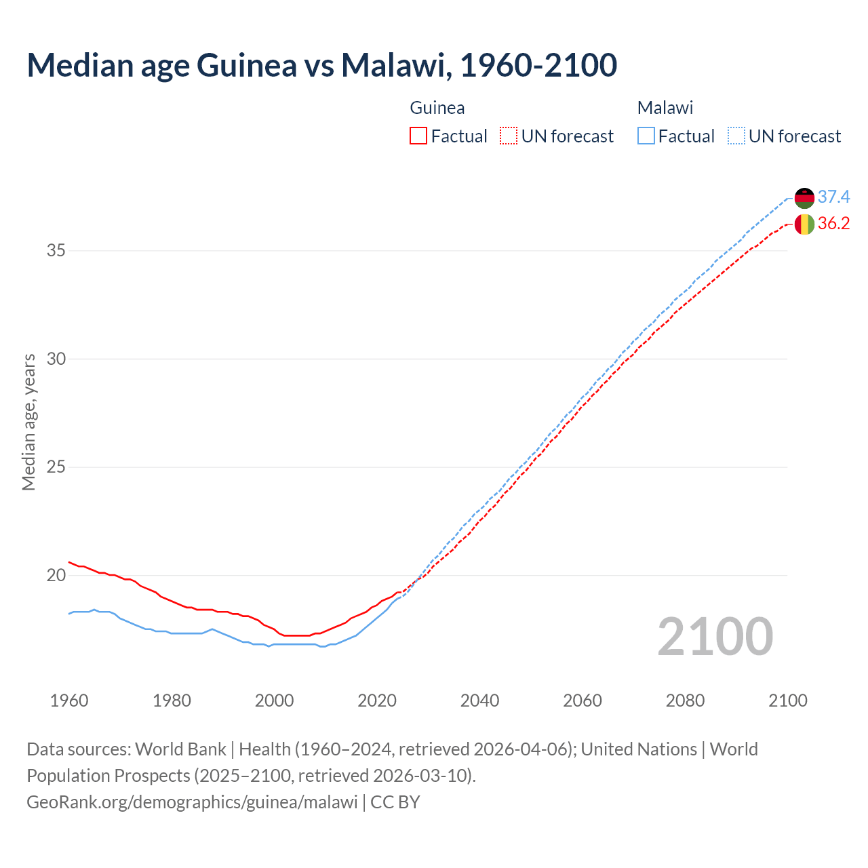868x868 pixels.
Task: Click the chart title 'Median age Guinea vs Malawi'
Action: tap(321, 65)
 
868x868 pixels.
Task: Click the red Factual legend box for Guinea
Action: tap(418, 136)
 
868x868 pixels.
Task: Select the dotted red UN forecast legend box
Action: tap(508, 136)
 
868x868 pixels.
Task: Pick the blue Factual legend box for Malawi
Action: tap(646, 136)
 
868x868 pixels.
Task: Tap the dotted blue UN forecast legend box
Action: tap(736, 136)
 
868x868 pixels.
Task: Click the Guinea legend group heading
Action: tap(437, 108)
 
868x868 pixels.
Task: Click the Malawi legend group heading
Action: tap(665, 108)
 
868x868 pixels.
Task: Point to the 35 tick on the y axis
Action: tap(56, 251)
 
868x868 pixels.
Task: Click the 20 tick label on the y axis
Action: tap(56, 576)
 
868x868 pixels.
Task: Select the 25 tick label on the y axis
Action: tap(56, 467)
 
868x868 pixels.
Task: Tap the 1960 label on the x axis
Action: tap(69, 701)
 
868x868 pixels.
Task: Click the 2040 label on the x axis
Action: tap(479, 701)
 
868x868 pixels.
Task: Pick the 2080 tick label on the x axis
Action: tap(685, 701)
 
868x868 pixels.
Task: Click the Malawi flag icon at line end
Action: tap(804, 198)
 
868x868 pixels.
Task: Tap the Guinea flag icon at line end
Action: tap(804, 224)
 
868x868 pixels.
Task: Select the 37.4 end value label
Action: tap(833, 197)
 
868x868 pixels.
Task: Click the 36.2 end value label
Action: tap(833, 224)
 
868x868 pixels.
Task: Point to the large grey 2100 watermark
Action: tap(715, 637)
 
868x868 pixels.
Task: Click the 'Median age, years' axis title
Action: tap(28, 422)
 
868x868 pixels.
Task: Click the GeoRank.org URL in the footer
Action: tap(192, 802)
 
